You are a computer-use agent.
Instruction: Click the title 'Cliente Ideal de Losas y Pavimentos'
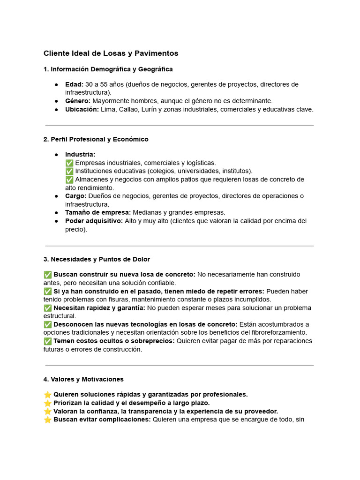(111, 53)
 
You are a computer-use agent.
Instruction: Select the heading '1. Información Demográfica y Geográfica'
(108, 69)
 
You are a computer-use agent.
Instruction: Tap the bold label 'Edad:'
(74, 84)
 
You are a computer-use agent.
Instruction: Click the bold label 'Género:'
(78, 101)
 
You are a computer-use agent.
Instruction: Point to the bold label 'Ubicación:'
(82, 109)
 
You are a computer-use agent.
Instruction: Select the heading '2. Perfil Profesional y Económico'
(96, 139)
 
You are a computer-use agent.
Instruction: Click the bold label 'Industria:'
(80, 154)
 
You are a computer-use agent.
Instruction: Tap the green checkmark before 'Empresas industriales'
(69, 163)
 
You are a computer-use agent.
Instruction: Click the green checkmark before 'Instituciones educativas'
(69, 171)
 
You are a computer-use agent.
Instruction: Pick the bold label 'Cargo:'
(75, 196)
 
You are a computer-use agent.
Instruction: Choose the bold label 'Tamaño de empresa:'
(98, 212)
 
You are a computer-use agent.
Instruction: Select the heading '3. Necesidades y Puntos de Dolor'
(97, 259)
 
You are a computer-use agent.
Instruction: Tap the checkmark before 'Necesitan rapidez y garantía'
(47, 308)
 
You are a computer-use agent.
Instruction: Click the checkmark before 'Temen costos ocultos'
(47, 341)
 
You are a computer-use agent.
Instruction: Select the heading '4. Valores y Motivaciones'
(83, 379)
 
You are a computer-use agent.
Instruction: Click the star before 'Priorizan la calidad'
(47, 403)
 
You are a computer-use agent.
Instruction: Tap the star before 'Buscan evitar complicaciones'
(47, 420)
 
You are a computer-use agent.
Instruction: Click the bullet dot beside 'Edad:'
(56, 85)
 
